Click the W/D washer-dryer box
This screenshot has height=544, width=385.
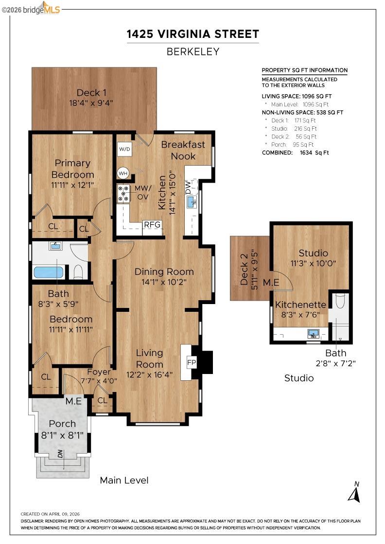[x=124, y=149]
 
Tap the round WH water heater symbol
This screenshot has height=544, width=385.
[x=123, y=173]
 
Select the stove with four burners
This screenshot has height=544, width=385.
[x=123, y=193]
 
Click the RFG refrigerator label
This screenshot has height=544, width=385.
[x=152, y=224]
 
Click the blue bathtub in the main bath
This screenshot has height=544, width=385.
[x=48, y=272]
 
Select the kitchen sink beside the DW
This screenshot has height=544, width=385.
[x=192, y=202]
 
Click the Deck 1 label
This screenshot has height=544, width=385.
[x=91, y=93]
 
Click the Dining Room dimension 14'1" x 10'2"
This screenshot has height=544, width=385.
[x=164, y=281]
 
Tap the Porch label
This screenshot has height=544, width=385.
[x=62, y=424]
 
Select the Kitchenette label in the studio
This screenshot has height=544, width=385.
[x=301, y=305]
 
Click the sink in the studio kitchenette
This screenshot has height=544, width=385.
[x=314, y=334]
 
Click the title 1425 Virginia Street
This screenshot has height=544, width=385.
[x=192, y=34]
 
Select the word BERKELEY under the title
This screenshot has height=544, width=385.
[x=192, y=51]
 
